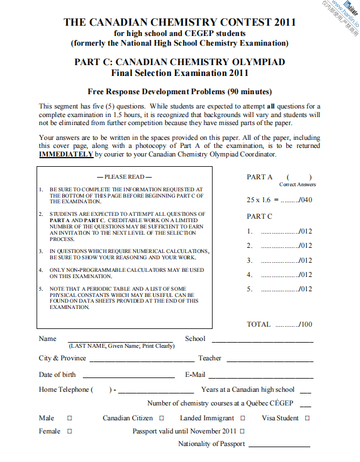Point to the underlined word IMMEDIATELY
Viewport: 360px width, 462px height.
[x=66, y=154]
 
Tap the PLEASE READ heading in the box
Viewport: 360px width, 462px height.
[x=125, y=177]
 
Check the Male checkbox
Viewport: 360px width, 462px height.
[x=70, y=418]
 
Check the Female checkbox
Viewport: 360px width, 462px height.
[x=70, y=431]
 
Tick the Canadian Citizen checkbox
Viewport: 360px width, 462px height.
[x=162, y=418]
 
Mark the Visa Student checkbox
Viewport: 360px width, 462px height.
[x=307, y=418]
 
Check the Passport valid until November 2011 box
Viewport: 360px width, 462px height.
[x=242, y=431]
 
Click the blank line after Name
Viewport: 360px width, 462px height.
[x=120, y=340]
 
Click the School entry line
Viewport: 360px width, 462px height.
[x=263, y=340]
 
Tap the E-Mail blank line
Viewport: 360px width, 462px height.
[x=261, y=377]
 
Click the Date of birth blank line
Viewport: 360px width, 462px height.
[x=129, y=377]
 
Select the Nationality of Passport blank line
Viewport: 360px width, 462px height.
[x=280, y=445]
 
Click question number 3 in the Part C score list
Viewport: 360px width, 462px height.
[x=250, y=260]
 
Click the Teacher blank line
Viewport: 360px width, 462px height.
[x=270, y=360]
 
